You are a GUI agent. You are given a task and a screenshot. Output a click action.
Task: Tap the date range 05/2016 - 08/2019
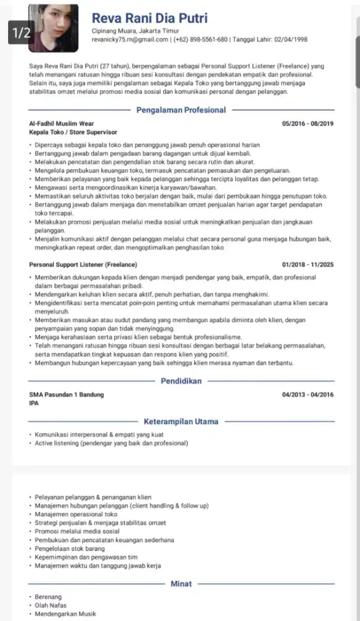tap(308, 124)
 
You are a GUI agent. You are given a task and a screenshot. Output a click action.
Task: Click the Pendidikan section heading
tap(181, 381)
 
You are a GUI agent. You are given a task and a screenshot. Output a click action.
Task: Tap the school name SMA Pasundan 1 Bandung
tap(66, 394)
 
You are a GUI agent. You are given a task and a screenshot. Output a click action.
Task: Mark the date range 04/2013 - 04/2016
tap(308, 394)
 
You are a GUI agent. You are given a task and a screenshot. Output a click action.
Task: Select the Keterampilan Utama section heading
tap(181, 422)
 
